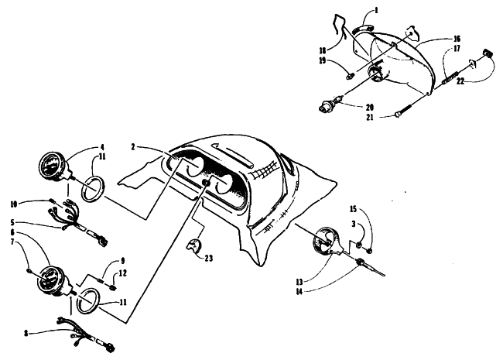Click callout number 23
pos(209,258)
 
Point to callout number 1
pos(376,10)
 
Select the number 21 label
pos(370,118)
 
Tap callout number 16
pos(457,39)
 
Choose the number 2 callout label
pos(133,147)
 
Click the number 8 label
pos(26,334)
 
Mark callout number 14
pos(299,292)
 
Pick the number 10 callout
pos(13,204)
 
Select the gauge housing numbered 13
pos(327,242)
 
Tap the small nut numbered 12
pos(112,288)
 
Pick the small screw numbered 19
pos(349,77)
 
